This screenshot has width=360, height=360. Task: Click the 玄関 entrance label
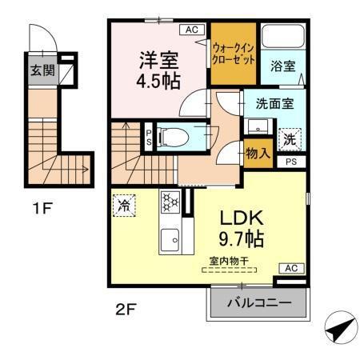point(42,70)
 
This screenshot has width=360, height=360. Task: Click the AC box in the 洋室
point(191,30)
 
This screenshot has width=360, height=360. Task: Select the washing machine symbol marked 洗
point(289,138)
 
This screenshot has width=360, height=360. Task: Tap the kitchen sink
point(170,238)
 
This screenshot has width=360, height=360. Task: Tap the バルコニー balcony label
point(258,303)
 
